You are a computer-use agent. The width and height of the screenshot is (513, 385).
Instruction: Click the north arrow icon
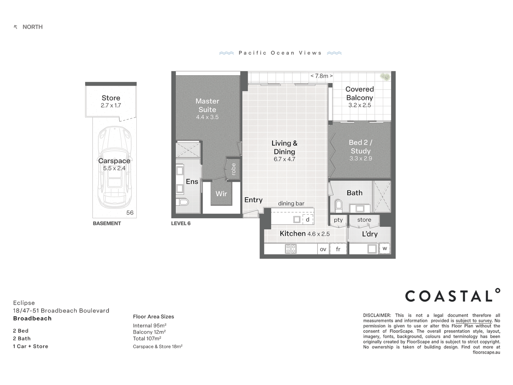[x=15, y=27]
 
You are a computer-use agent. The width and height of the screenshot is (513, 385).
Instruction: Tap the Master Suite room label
[x=207, y=105]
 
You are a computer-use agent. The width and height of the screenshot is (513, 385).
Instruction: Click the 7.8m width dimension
[x=321, y=76]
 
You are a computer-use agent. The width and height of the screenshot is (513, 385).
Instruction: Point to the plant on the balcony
[x=385, y=77]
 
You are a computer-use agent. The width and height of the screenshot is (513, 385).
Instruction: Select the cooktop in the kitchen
[x=291, y=249]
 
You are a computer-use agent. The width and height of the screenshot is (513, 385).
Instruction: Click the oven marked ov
[x=323, y=249]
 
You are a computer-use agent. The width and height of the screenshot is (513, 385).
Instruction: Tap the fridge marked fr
[x=338, y=249]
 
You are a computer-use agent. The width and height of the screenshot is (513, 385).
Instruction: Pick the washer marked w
[x=385, y=248]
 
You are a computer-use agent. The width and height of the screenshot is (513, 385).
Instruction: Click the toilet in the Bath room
[x=338, y=205]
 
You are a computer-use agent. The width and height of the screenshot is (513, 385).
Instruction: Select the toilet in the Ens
[x=182, y=202]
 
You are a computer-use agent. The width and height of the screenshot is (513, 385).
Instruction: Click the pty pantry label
[x=338, y=220]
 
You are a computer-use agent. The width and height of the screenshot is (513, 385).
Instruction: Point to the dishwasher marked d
[x=307, y=220]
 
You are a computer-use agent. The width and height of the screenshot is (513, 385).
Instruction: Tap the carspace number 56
[x=130, y=212]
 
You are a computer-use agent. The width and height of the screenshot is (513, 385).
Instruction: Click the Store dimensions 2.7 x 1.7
[x=111, y=106]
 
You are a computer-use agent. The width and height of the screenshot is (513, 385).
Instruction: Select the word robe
[x=233, y=169]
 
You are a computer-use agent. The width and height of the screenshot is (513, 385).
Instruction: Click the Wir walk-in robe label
[x=221, y=194]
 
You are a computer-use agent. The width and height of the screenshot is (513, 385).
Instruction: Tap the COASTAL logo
[x=452, y=295]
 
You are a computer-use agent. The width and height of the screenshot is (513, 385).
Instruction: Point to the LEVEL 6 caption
[x=181, y=224]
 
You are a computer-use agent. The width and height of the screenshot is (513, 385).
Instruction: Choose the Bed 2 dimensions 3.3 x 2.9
[x=361, y=159]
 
